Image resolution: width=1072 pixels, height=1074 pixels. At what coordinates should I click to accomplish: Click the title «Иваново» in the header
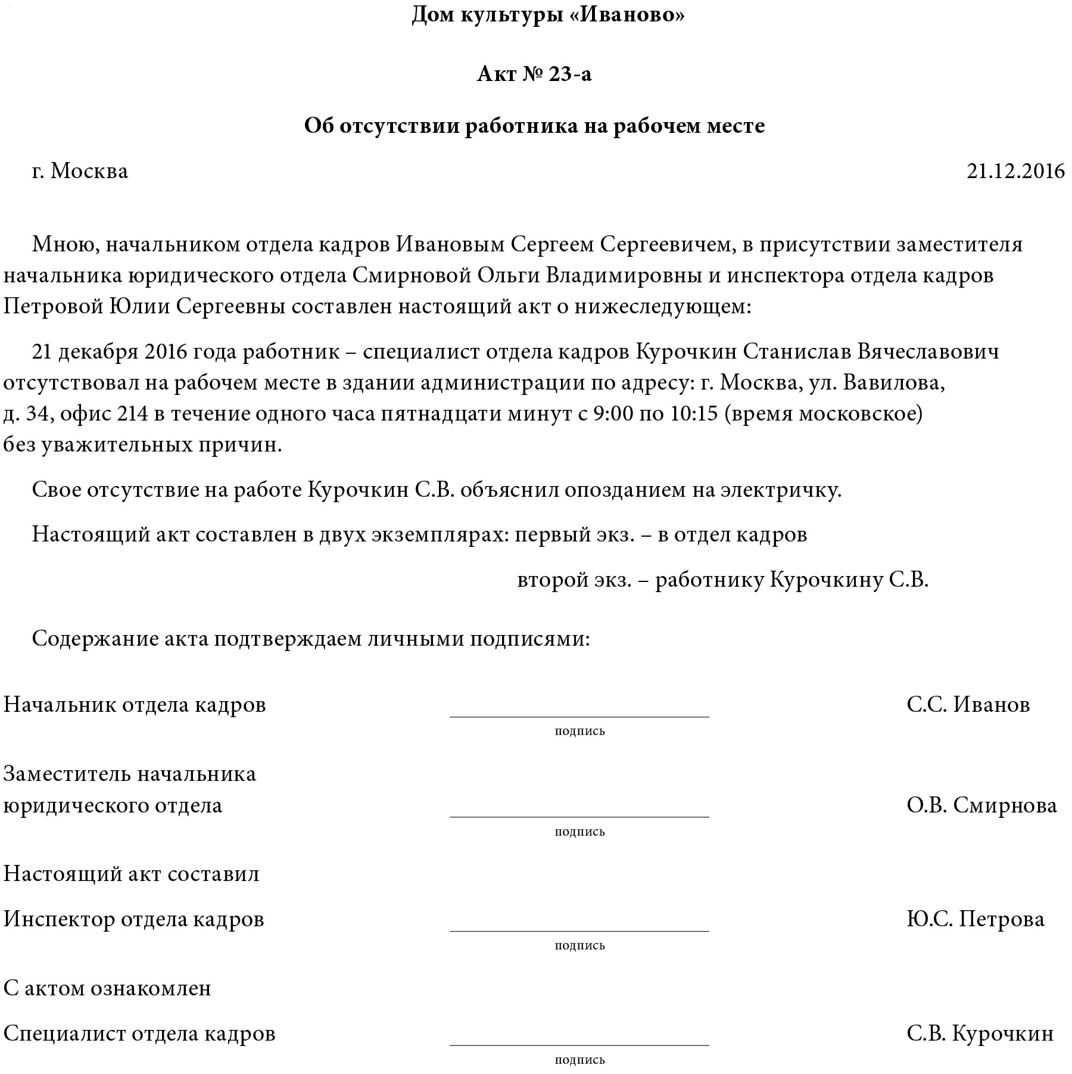click(632, 15)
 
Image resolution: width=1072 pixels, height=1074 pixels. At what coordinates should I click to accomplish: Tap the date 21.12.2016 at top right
click(1015, 172)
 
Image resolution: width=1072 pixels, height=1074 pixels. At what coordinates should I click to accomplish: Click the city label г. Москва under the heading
click(80, 172)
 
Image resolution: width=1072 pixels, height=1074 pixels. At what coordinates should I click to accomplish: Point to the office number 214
click(132, 413)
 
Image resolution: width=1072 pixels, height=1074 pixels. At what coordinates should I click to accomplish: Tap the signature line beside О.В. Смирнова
click(579, 816)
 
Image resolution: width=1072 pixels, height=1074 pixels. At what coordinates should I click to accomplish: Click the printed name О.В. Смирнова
click(981, 805)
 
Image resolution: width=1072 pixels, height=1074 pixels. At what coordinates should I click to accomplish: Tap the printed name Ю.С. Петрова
click(976, 919)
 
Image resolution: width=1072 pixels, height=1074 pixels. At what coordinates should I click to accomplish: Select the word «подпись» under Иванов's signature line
click(579, 731)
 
